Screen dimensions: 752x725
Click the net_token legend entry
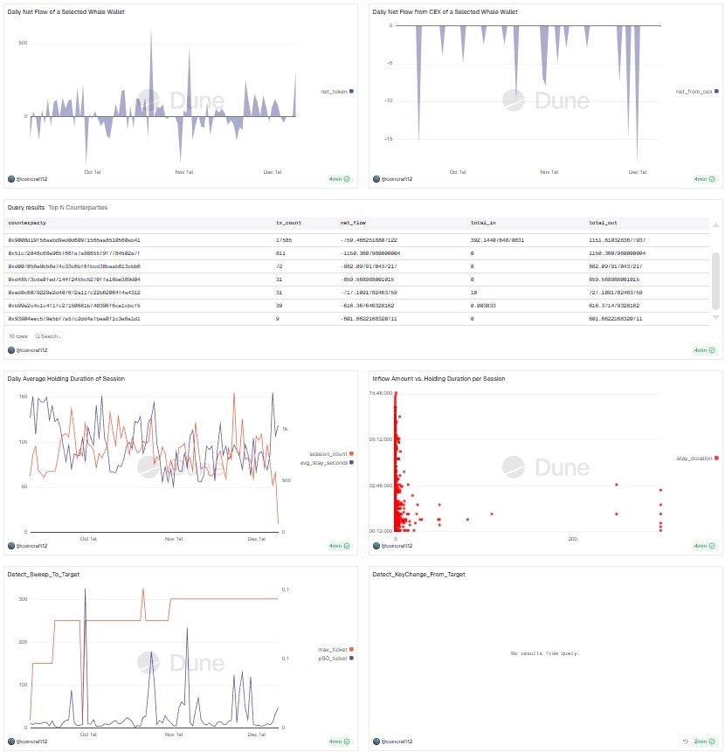[x=335, y=91]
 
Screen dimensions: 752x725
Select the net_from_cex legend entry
[x=694, y=91]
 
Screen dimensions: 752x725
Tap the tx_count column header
[x=288, y=224]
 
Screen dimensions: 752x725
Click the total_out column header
[x=603, y=224]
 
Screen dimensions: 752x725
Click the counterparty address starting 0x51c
[x=73, y=252]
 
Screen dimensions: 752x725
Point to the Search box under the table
[x=49, y=335]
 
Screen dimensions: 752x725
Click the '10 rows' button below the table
[x=17, y=335]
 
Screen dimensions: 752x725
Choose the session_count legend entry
[x=328, y=454]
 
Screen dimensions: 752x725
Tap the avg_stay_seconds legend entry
[x=328, y=462]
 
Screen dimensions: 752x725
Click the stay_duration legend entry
[x=695, y=458]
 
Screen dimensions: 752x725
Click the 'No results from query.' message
[x=545, y=653]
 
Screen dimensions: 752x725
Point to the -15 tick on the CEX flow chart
[x=388, y=138]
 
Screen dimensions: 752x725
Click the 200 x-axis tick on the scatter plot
[x=572, y=539]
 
